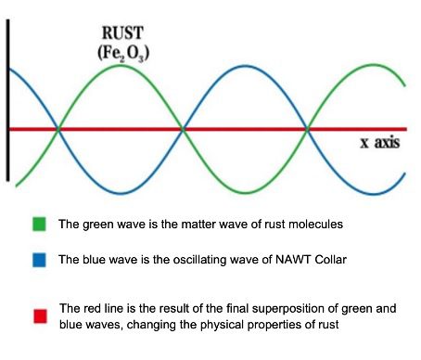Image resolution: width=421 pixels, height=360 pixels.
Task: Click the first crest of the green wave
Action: click(121, 67)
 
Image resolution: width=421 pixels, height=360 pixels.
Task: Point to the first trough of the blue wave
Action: click(121, 193)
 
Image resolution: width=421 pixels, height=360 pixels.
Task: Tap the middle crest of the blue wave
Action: click(247, 67)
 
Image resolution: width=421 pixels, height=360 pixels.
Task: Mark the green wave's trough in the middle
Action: click(247, 193)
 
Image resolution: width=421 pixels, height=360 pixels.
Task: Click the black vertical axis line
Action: click(8, 102)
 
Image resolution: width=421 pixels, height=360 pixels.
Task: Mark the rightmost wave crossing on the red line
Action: click(310, 130)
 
